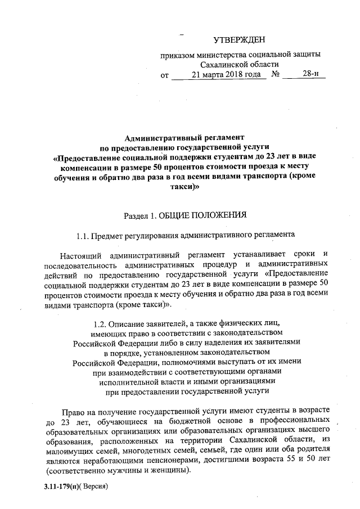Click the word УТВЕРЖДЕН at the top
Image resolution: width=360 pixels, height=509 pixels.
pos(238,39)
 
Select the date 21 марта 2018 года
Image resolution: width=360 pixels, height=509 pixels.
pos(219,74)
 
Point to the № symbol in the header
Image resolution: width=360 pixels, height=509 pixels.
pos(276,74)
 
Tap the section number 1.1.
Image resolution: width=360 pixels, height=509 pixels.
pos(83,235)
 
